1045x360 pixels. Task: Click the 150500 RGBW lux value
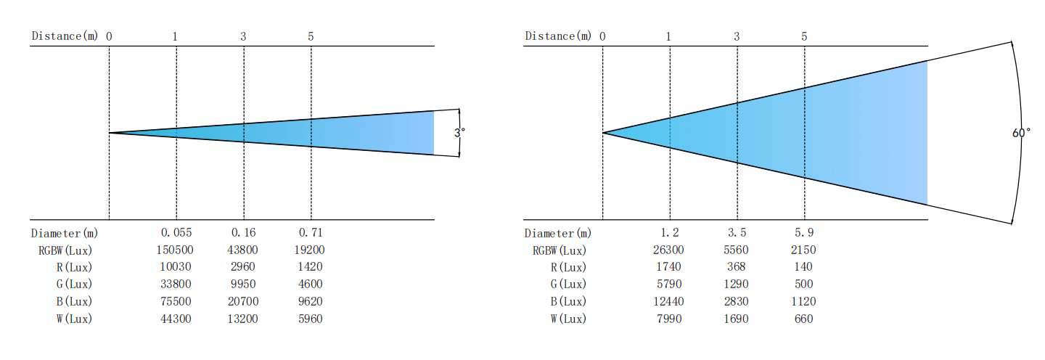[175, 250]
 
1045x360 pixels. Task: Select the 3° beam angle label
[459, 133]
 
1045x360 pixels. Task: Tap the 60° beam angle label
[1021, 133]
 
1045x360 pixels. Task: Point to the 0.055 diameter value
[176, 232]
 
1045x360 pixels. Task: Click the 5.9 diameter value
[804, 232]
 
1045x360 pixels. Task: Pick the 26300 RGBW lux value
[668, 250]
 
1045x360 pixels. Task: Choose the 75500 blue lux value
[176, 301]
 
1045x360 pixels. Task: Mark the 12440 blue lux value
[668, 301]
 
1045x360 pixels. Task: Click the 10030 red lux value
[176, 267]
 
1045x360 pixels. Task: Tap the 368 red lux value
[736, 267]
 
